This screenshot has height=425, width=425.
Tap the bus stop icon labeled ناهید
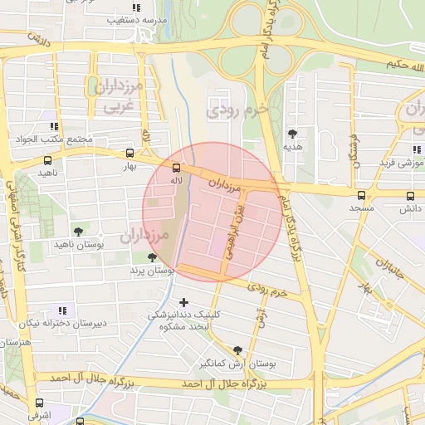[46, 161]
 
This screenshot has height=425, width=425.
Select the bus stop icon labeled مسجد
[360, 196]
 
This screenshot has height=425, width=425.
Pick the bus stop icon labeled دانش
[410, 196]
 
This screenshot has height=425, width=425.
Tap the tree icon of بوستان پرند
[151, 258]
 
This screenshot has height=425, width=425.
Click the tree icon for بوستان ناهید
[78, 232]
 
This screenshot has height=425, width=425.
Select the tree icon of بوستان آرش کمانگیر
[238, 351]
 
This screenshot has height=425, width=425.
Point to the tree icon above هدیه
[291, 133]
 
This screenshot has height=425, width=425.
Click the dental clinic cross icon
[183, 301]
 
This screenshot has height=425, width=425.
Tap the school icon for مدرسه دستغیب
[136, 7]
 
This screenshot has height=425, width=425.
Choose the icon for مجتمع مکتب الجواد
[54, 127]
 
